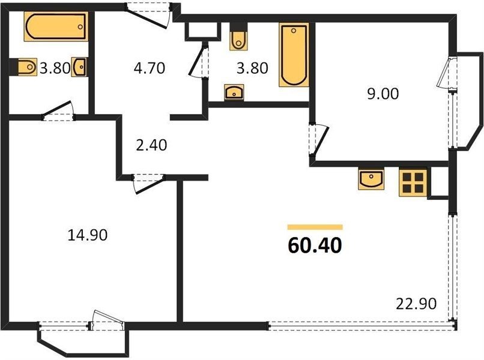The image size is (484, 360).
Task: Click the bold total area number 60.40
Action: [x=315, y=245]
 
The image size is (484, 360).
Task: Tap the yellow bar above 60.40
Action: [x=315, y=227]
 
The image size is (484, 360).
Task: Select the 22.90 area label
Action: [x=416, y=304]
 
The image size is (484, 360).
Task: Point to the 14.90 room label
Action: [x=88, y=235]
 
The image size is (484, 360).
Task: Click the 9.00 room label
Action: [x=383, y=94]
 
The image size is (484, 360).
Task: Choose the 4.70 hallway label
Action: [x=150, y=68]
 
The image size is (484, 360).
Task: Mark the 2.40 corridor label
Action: [x=151, y=145]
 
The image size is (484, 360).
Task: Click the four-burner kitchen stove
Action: [x=413, y=182]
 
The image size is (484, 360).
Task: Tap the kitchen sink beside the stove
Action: [x=371, y=179]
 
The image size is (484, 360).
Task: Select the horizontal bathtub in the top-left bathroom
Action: [x=56, y=26]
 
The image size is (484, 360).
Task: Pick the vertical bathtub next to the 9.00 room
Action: [x=294, y=55]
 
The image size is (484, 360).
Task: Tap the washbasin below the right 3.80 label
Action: [x=234, y=92]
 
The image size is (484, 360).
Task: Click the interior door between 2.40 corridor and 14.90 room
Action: [x=148, y=184]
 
